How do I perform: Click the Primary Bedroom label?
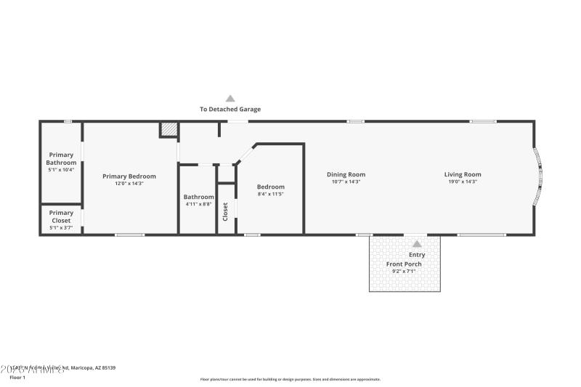coord(129,176)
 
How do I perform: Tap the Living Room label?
coord(463,174)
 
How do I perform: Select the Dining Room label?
coord(346,174)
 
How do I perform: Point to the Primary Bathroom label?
coord(62,158)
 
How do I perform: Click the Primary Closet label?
coord(61,216)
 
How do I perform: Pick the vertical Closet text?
coord(226,211)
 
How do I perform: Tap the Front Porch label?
coord(404,264)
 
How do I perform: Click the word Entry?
coord(417,255)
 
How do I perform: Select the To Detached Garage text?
coord(230,110)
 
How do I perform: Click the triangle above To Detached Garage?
coord(230,98)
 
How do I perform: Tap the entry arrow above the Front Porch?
coord(417,244)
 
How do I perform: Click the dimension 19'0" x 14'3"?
coord(463,182)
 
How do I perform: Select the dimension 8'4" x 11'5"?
coord(270,194)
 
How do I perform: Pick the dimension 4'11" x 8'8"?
coord(198,204)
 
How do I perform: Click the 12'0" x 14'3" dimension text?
coord(129,184)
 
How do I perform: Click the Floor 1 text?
coord(17,378)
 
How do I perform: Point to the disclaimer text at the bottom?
coord(290,379)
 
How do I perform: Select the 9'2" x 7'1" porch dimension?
coord(404,271)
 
